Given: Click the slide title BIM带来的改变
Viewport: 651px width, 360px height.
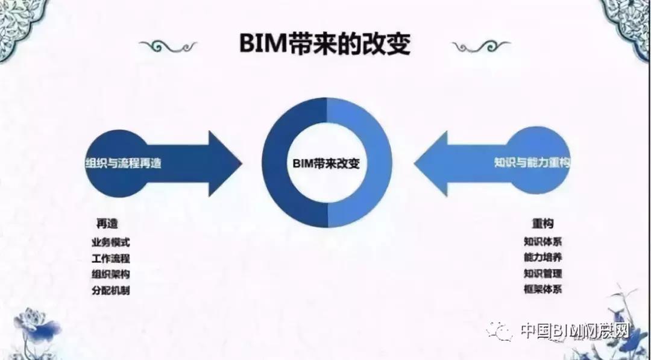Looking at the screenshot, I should tap(325, 44).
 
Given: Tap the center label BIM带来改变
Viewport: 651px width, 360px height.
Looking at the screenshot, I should tap(325, 163).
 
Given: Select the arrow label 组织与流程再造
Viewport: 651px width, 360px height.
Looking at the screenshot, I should tap(124, 163).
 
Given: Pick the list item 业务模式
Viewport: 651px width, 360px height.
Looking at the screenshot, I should tap(110, 242).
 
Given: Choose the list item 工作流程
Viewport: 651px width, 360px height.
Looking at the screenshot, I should tap(110, 259).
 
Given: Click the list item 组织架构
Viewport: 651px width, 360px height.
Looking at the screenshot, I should tap(110, 274).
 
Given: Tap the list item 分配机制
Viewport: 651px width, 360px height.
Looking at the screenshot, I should tap(110, 290).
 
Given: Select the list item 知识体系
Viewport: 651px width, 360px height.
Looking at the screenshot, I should tap(543, 242).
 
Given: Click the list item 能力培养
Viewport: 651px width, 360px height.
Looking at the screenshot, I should tap(543, 257).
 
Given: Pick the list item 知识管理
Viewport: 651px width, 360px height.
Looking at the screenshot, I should tap(543, 273).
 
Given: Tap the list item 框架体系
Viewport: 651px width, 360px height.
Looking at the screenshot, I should tap(543, 289).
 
